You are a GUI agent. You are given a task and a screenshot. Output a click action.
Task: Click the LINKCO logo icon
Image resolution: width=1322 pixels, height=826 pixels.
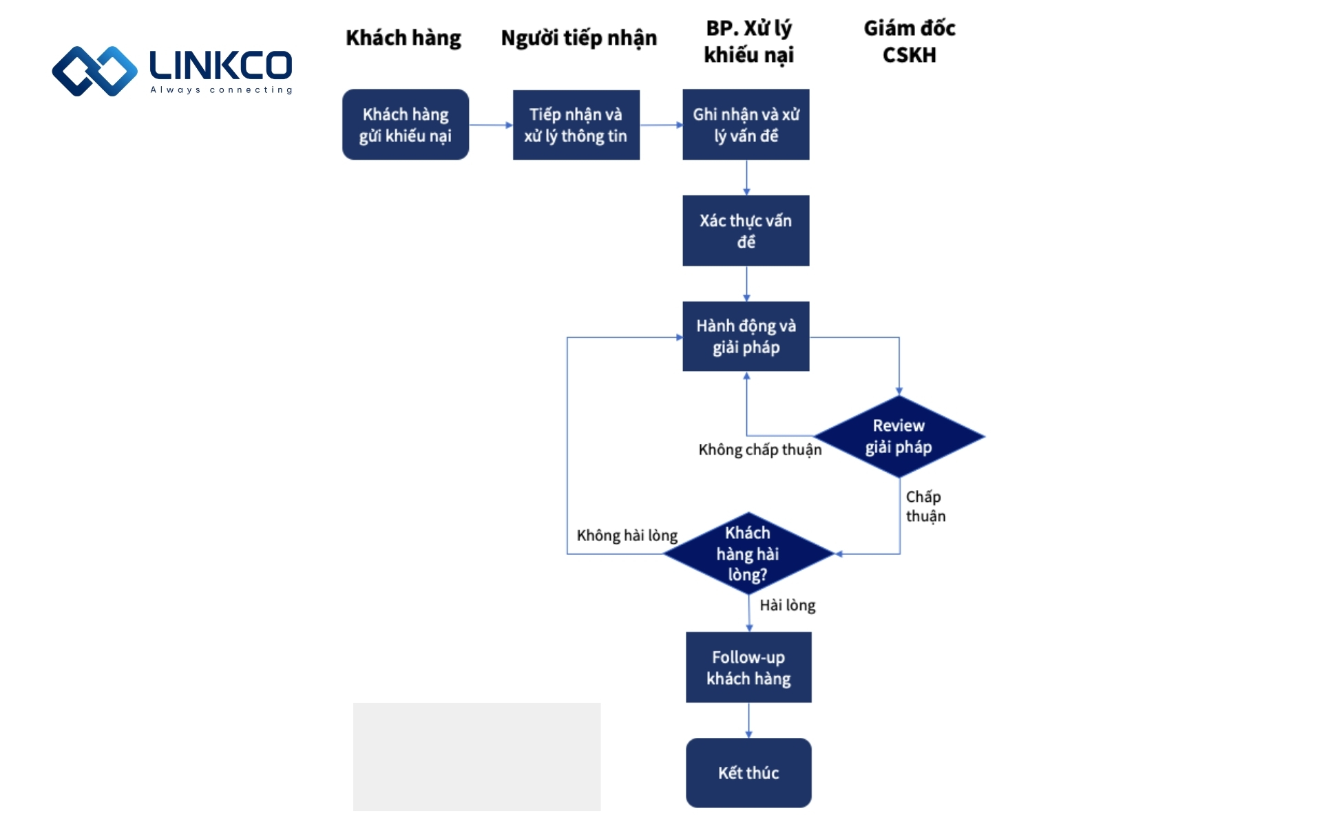pyautogui.click(x=94, y=71)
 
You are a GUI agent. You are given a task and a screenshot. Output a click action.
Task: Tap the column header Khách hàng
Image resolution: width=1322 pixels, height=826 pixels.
pyautogui.click(x=403, y=38)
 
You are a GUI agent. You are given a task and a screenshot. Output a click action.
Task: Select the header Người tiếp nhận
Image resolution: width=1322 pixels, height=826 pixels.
pyautogui.click(x=578, y=38)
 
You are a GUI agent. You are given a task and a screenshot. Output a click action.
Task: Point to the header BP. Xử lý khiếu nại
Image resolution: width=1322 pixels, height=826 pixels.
pyautogui.click(x=748, y=41)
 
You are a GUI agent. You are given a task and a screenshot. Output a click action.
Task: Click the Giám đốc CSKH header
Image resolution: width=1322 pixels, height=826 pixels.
pyautogui.click(x=909, y=41)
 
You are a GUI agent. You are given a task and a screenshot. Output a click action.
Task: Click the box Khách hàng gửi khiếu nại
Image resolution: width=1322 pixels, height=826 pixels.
pyautogui.click(x=406, y=125)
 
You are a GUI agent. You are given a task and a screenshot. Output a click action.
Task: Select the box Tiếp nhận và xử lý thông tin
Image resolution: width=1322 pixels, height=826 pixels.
pyautogui.click(x=576, y=125)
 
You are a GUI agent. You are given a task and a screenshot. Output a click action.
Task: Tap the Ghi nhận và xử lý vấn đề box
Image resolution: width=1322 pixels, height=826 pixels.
pyautogui.click(x=746, y=125)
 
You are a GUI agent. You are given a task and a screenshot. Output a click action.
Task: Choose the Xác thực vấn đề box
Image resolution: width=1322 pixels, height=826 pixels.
pyautogui.click(x=746, y=231)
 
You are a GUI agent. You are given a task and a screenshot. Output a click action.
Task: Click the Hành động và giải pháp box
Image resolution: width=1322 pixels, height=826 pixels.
pyautogui.click(x=746, y=337)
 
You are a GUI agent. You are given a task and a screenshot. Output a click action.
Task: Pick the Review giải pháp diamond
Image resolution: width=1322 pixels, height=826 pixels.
pyautogui.click(x=899, y=436)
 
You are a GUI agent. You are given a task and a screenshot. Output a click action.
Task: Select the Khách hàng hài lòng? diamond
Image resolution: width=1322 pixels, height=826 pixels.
pyautogui.click(x=748, y=553)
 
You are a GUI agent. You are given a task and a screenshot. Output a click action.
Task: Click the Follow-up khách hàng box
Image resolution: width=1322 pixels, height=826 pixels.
pyautogui.click(x=748, y=667)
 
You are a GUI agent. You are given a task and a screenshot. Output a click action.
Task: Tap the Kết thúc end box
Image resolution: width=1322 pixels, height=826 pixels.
pyautogui.click(x=748, y=772)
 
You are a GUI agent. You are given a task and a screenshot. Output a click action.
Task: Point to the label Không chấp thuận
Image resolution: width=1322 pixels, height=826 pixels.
pyautogui.click(x=759, y=449)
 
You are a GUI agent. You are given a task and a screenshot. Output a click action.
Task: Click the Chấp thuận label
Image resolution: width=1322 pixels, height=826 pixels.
pyautogui.click(x=925, y=506)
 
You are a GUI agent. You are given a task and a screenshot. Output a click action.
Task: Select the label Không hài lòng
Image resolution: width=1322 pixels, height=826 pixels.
pyautogui.click(x=627, y=536)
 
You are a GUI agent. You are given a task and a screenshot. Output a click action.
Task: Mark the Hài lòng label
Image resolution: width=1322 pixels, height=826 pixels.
pyautogui.click(x=787, y=605)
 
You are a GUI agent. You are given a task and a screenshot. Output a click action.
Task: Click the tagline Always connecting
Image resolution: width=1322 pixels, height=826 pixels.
pyautogui.click(x=221, y=89)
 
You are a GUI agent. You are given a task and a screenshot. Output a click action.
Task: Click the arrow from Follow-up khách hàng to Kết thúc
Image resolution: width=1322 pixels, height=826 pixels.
pyautogui.click(x=748, y=720)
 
